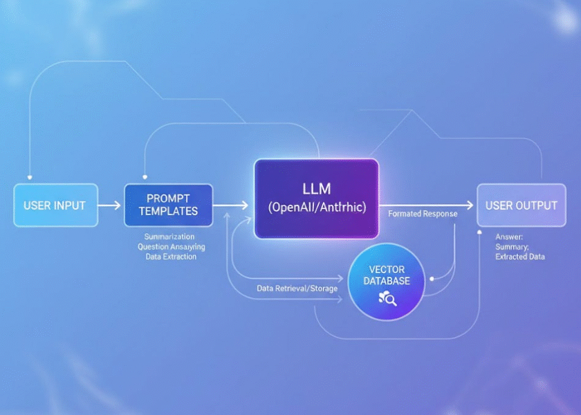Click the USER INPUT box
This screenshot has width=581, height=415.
[x=55, y=205]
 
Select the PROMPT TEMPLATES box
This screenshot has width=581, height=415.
[x=168, y=205]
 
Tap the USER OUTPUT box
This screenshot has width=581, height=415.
[x=521, y=205]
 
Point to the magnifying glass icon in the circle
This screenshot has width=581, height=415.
[x=387, y=299]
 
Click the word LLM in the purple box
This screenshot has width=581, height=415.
[x=316, y=188]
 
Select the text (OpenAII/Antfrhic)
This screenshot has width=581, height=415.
[x=316, y=207]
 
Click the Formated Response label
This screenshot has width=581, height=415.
[x=422, y=214]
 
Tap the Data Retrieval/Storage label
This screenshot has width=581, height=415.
[x=297, y=288]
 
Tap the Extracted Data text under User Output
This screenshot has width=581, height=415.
[x=519, y=257]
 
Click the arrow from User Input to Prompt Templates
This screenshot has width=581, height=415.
[x=109, y=205]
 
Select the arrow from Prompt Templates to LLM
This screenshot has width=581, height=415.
[x=231, y=205]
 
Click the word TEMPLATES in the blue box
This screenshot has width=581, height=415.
[x=168, y=211]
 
